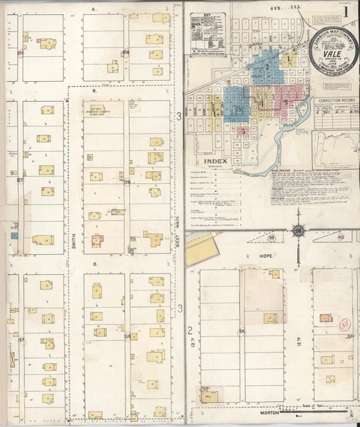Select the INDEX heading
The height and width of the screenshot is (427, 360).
217,161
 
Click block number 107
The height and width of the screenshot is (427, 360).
20,52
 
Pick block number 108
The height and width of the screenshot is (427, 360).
126,52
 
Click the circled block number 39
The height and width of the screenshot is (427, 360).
272,237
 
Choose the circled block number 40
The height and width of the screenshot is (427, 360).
340,237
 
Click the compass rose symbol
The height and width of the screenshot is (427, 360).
298,231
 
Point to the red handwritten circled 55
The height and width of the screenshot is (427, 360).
345,324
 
